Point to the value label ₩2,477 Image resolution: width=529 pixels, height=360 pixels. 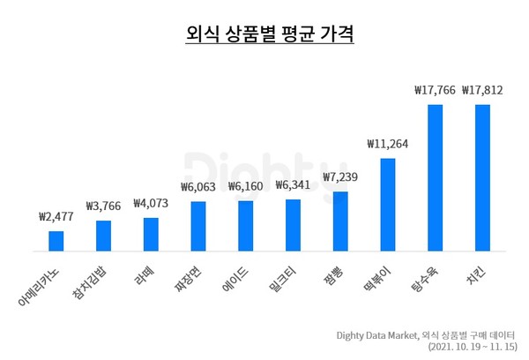point(56,216)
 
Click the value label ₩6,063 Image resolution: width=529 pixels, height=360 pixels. point(197,187)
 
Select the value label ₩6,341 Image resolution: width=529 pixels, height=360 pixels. point(293,185)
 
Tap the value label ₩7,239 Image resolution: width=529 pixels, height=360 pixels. point(340,177)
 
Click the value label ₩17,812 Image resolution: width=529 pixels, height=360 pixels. point(482,89)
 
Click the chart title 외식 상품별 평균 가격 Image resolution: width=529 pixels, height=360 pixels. point(264,35)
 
